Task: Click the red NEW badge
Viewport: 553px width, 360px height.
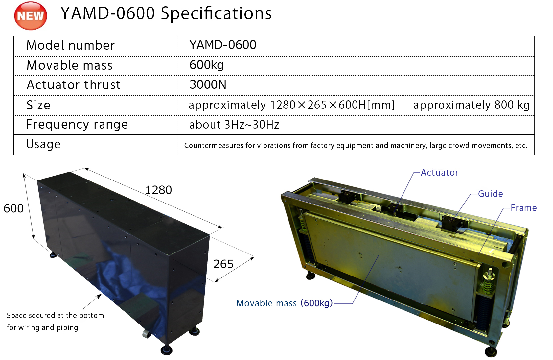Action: point(31,15)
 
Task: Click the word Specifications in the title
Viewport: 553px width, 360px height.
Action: point(216,14)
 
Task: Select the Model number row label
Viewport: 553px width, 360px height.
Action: point(71,45)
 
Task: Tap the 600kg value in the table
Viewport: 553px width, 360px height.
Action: point(207,65)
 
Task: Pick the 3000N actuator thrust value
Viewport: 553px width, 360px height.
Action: point(208,84)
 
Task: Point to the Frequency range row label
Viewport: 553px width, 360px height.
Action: point(77,125)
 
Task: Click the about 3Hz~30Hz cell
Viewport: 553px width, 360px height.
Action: point(234,125)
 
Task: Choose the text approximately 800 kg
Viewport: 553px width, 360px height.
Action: point(472,105)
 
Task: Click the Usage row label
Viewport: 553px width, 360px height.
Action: point(43,144)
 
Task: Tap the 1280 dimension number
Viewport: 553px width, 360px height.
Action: point(158,190)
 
